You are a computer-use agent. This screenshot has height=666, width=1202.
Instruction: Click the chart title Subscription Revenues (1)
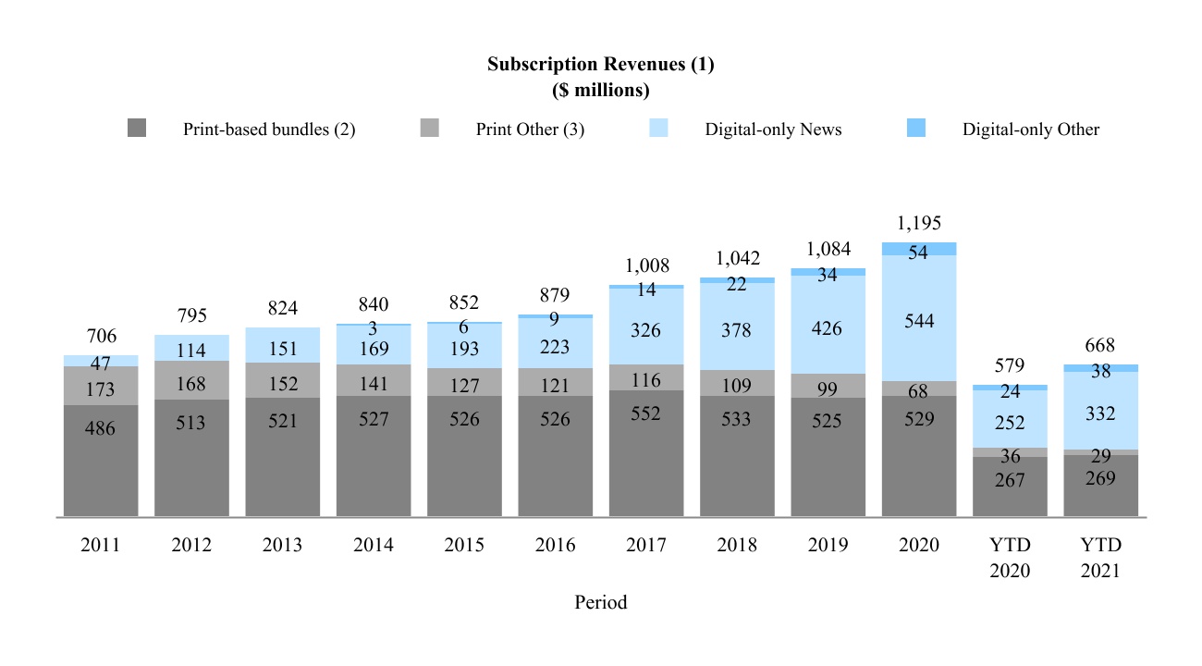point(600,65)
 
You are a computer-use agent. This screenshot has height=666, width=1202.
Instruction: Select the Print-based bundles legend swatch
point(137,129)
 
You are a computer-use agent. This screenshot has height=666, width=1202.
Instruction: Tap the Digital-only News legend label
point(773,129)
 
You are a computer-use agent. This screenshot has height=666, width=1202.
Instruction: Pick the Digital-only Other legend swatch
point(916,129)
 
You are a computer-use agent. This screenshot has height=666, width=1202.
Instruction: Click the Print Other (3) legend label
point(530,129)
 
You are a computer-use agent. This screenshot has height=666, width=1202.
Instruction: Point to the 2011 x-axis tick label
point(101,546)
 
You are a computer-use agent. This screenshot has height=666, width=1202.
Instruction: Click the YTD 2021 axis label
point(1100,558)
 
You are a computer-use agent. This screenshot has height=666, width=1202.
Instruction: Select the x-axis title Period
point(600,602)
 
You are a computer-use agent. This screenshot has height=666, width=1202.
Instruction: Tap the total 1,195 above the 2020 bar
point(919,223)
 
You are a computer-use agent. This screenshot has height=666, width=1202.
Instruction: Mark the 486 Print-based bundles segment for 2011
point(101,460)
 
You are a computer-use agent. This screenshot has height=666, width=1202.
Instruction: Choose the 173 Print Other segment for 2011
point(101,386)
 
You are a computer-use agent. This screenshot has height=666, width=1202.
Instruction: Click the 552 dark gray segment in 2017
point(646,453)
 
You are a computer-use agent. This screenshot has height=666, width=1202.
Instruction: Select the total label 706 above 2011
point(101,336)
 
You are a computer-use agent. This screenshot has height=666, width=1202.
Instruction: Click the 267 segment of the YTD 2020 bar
point(1010,487)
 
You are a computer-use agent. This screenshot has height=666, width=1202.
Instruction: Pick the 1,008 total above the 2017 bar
point(646,265)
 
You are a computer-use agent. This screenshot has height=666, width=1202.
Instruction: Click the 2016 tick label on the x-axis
point(555,546)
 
